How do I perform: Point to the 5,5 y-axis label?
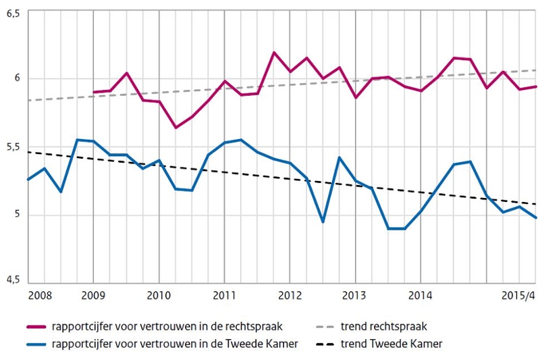pyautogui.click(x=12, y=147)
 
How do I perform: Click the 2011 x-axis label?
pyautogui.click(x=223, y=296)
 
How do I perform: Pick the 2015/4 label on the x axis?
pyautogui.click(x=520, y=296)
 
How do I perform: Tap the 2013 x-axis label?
pyautogui.click(x=355, y=296)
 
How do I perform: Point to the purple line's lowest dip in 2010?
pyautogui.click(x=176, y=127)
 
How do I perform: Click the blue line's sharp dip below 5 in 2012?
pyautogui.click(x=323, y=222)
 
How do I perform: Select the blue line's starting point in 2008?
pyautogui.click(x=28, y=180)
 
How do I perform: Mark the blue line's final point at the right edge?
pyautogui.click(x=535, y=217)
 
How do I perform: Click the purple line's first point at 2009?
pyautogui.click(x=93, y=92)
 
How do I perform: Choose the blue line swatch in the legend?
pyautogui.click(x=35, y=344)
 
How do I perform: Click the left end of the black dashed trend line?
pyautogui.click(x=28, y=152)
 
